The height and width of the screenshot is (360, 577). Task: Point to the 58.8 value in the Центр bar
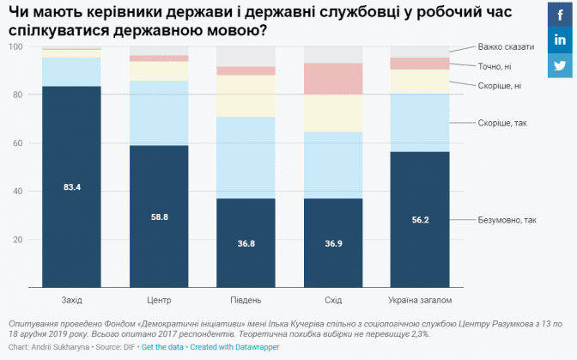159,217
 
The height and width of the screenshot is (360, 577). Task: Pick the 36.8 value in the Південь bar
246,243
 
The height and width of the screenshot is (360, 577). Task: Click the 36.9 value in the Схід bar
333,243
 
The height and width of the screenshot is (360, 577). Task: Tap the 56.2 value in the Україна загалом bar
420,220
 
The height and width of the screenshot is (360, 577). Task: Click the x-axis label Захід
72,300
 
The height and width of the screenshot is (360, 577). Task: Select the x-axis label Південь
246,300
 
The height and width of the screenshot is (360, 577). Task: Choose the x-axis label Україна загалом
420,300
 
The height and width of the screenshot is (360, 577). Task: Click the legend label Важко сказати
506,47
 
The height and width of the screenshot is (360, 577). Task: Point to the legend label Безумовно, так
507,220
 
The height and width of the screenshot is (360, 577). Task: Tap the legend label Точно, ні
496,66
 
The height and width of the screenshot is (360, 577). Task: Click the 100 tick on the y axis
15,46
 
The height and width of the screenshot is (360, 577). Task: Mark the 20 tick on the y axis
17,239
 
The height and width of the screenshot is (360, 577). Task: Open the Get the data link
162,347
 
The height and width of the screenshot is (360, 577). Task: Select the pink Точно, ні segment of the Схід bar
333,78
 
